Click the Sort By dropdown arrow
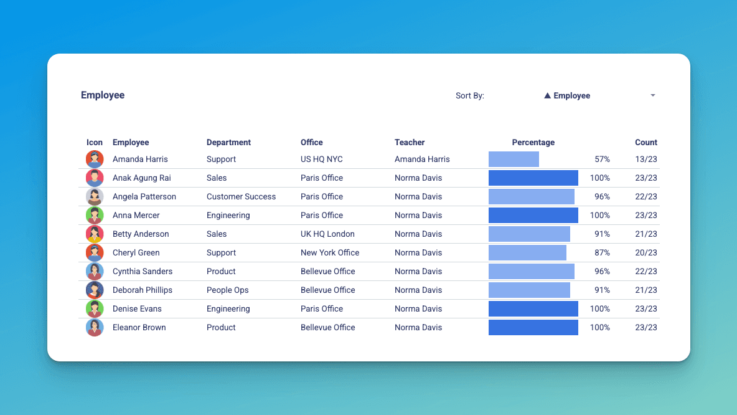click(653, 95)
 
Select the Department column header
click(228, 143)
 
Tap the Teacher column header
click(410, 143)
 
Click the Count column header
click(646, 143)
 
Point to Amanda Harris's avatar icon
click(95, 159)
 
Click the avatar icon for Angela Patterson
click(95, 197)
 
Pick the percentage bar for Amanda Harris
click(514, 159)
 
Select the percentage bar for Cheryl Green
click(527, 252)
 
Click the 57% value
click(602, 160)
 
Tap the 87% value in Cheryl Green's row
click(602, 252)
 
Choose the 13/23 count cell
click(646, 160)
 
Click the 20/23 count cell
click(646, 252)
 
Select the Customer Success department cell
click(241, 197)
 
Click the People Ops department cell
click(227, 290)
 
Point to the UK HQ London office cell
click(327, 234)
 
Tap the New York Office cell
click(330, 252)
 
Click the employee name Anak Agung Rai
click(141, 178)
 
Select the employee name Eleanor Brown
click(139, 328)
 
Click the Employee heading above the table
click(103, 95)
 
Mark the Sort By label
click(469, 96)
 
